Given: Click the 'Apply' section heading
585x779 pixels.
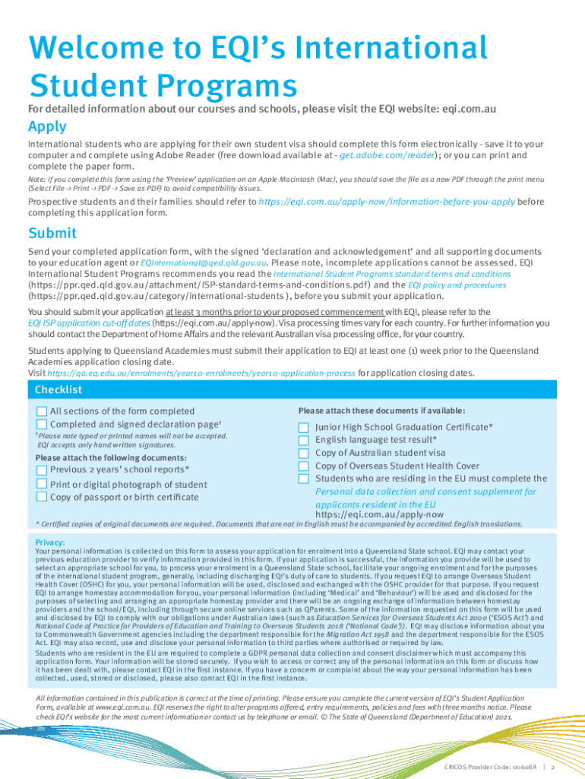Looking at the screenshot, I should (47, 126).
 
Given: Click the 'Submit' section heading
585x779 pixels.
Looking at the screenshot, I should (52, 233).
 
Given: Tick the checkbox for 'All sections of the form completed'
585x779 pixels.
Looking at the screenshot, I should (42, 411).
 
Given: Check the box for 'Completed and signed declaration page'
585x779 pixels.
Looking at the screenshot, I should (42, 424).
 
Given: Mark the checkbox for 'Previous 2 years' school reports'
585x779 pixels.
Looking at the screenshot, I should (42, 470).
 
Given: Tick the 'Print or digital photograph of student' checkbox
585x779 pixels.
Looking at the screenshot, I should (42, 484).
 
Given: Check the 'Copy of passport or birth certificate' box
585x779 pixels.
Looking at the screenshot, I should (42, 497).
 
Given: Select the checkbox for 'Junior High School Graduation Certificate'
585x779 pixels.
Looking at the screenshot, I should (304, 428).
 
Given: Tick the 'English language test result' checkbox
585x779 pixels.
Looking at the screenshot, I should (304, 440).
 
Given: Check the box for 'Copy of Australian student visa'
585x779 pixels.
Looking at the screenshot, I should (304, 453).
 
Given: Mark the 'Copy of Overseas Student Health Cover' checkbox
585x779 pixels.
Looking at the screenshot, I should (304, 466).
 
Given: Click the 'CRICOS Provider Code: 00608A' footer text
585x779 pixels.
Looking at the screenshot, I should (491, 766).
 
